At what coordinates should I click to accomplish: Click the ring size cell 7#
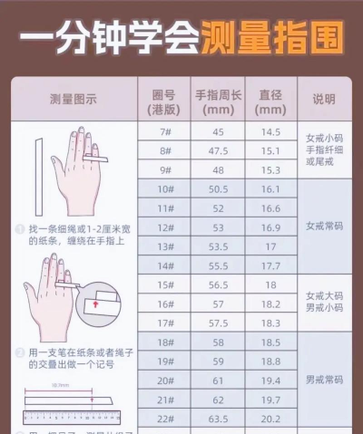165,130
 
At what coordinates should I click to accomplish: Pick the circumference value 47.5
217,150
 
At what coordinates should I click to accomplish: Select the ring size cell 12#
165,227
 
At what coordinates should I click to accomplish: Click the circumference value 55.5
217,265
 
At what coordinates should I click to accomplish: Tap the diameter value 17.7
270,265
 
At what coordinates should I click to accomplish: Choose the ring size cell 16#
165,304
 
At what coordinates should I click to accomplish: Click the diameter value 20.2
270,420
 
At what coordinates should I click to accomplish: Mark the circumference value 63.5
217,420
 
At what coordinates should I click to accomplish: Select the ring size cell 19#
165,362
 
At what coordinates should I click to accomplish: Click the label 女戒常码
324,227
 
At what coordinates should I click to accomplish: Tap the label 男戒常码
324,380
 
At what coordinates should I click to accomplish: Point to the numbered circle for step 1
20,228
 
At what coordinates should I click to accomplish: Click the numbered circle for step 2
20,351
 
